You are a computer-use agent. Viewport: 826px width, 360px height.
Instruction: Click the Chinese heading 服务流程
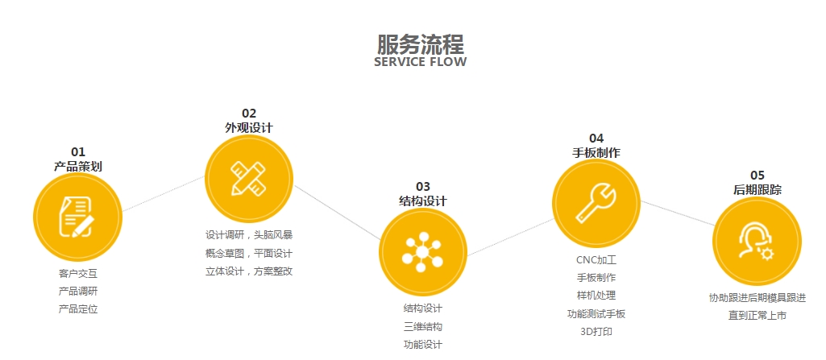(x=420, y=43)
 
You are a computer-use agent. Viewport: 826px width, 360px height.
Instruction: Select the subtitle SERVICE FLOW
(x=420, y=63)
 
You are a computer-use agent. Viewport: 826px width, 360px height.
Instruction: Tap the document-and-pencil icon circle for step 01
(x=77, y=216)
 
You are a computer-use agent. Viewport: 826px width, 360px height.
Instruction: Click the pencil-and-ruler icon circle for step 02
(x=249, y=179)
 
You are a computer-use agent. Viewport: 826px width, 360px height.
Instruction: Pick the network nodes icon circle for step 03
(x=422, y=252)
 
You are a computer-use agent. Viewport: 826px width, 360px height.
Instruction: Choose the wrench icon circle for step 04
(x=596, y=202)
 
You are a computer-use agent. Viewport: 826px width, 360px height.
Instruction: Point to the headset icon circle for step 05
(x=757, y=241)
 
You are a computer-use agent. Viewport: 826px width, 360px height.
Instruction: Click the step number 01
(x=78, y=151)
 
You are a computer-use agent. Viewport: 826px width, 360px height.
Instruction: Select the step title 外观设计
(x=249, y=127)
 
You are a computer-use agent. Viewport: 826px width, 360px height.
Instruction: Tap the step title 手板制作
(x=596, y=152)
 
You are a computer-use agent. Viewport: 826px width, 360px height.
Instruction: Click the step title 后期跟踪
(x=757, y=189)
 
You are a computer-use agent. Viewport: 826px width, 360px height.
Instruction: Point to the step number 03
(x=423, y=186)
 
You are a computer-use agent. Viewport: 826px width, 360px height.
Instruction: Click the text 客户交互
(x=78, y=274)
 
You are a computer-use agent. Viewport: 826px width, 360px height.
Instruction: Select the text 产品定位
(x=78, y=309)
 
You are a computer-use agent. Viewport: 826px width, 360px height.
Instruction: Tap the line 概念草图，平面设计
(x=249, y=253)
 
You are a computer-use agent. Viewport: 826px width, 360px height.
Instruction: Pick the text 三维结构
(x=423, y=326)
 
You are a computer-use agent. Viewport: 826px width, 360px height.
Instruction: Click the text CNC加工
(x=596, y=260)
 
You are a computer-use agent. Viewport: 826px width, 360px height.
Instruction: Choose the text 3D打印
(x=596, y=331)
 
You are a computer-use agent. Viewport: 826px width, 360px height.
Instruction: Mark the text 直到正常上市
(x=757, y=316)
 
